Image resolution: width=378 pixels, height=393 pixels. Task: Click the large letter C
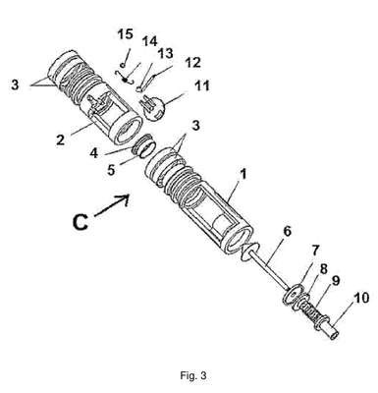pyautogui.click(x=81, y=222)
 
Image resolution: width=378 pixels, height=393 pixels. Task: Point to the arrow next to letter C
pyautogui.click(x=112, y=205)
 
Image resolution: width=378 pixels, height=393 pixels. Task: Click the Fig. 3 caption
pyautogui.click(x=193, y=375)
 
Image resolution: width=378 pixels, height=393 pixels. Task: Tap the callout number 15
pyautogui.click(x=126, y=34)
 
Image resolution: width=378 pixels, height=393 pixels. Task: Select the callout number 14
pyautogui.click(x=149, y=41)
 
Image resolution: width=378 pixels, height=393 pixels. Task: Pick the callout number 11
pyautogui.click(x=202, y=85)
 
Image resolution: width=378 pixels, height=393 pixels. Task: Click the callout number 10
pyautogui.click(x=361, y=299)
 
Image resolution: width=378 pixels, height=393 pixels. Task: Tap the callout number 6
pyautogui.click(x=287, y=231)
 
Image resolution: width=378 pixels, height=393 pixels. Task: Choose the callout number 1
pyautogui.click(x=243, y=174)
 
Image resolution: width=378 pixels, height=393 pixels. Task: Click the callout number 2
pyautogui.click(x=60, y=140)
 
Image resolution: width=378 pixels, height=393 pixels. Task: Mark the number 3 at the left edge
pyautogui.click(x=15, y=84)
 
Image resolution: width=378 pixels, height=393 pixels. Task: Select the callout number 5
pyautogui.click(x=111, y=169)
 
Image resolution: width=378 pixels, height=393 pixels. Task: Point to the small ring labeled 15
pyautogui.click(x=122, y=65)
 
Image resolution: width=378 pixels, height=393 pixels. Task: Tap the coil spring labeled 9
pyautogui.click(x=310, y=311)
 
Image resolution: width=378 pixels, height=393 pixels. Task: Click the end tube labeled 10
pyautogui.click(x=328, y=329)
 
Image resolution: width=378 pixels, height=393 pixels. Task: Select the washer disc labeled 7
pyautogui.click(x=294, y=294)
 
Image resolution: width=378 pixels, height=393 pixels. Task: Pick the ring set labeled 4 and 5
pyautogui.click(x=143, y=146)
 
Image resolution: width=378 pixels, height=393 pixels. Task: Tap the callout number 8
pyautogui.click(x=323, y=269)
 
